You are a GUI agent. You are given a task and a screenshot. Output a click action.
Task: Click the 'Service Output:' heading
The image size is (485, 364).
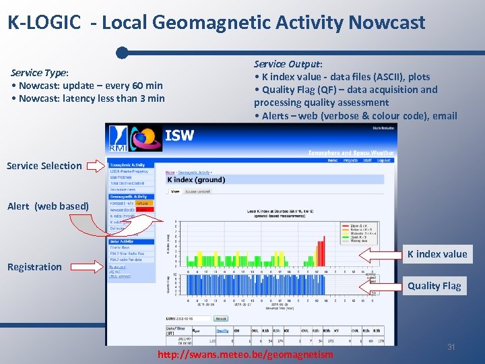[288, 64]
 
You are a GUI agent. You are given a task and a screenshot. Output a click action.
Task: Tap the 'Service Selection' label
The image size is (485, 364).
[44, 166]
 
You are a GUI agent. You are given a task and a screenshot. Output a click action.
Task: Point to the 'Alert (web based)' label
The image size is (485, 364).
[48, 206]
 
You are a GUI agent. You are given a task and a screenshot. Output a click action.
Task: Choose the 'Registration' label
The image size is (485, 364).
[34, 267]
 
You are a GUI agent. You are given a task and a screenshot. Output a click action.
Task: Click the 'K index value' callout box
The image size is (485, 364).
[437, 254]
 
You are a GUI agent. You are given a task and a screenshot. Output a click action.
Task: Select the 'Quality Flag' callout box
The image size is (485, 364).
[434, 286]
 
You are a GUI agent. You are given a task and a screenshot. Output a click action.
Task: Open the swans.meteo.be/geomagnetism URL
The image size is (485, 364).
[245, 355]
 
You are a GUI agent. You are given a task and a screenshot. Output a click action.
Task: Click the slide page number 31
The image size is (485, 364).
[451, 346]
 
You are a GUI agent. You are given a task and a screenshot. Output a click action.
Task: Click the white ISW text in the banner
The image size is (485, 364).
[179, 135]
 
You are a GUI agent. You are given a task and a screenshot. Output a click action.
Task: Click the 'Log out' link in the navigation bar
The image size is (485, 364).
[384, 160]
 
